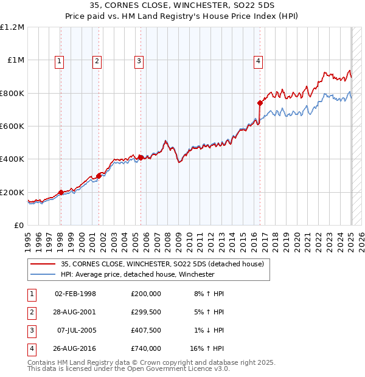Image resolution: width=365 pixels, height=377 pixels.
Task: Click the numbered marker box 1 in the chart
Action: (60, 60)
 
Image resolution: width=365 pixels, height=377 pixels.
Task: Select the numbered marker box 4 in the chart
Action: (259, 60)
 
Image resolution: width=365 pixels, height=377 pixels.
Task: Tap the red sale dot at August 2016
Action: (260, 103)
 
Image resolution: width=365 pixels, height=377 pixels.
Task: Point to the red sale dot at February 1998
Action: (61, 192)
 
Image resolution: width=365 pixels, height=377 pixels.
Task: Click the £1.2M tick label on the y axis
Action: (12, 27)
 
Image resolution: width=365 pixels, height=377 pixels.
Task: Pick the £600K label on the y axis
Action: (12, 126)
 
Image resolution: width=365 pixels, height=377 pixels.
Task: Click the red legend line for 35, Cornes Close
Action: (42, 265)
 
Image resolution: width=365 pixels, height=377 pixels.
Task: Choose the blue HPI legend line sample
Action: (42, 274)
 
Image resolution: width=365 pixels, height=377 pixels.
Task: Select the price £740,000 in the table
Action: (145, 349)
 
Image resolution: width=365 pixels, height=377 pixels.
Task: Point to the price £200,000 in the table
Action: (145, 294)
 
